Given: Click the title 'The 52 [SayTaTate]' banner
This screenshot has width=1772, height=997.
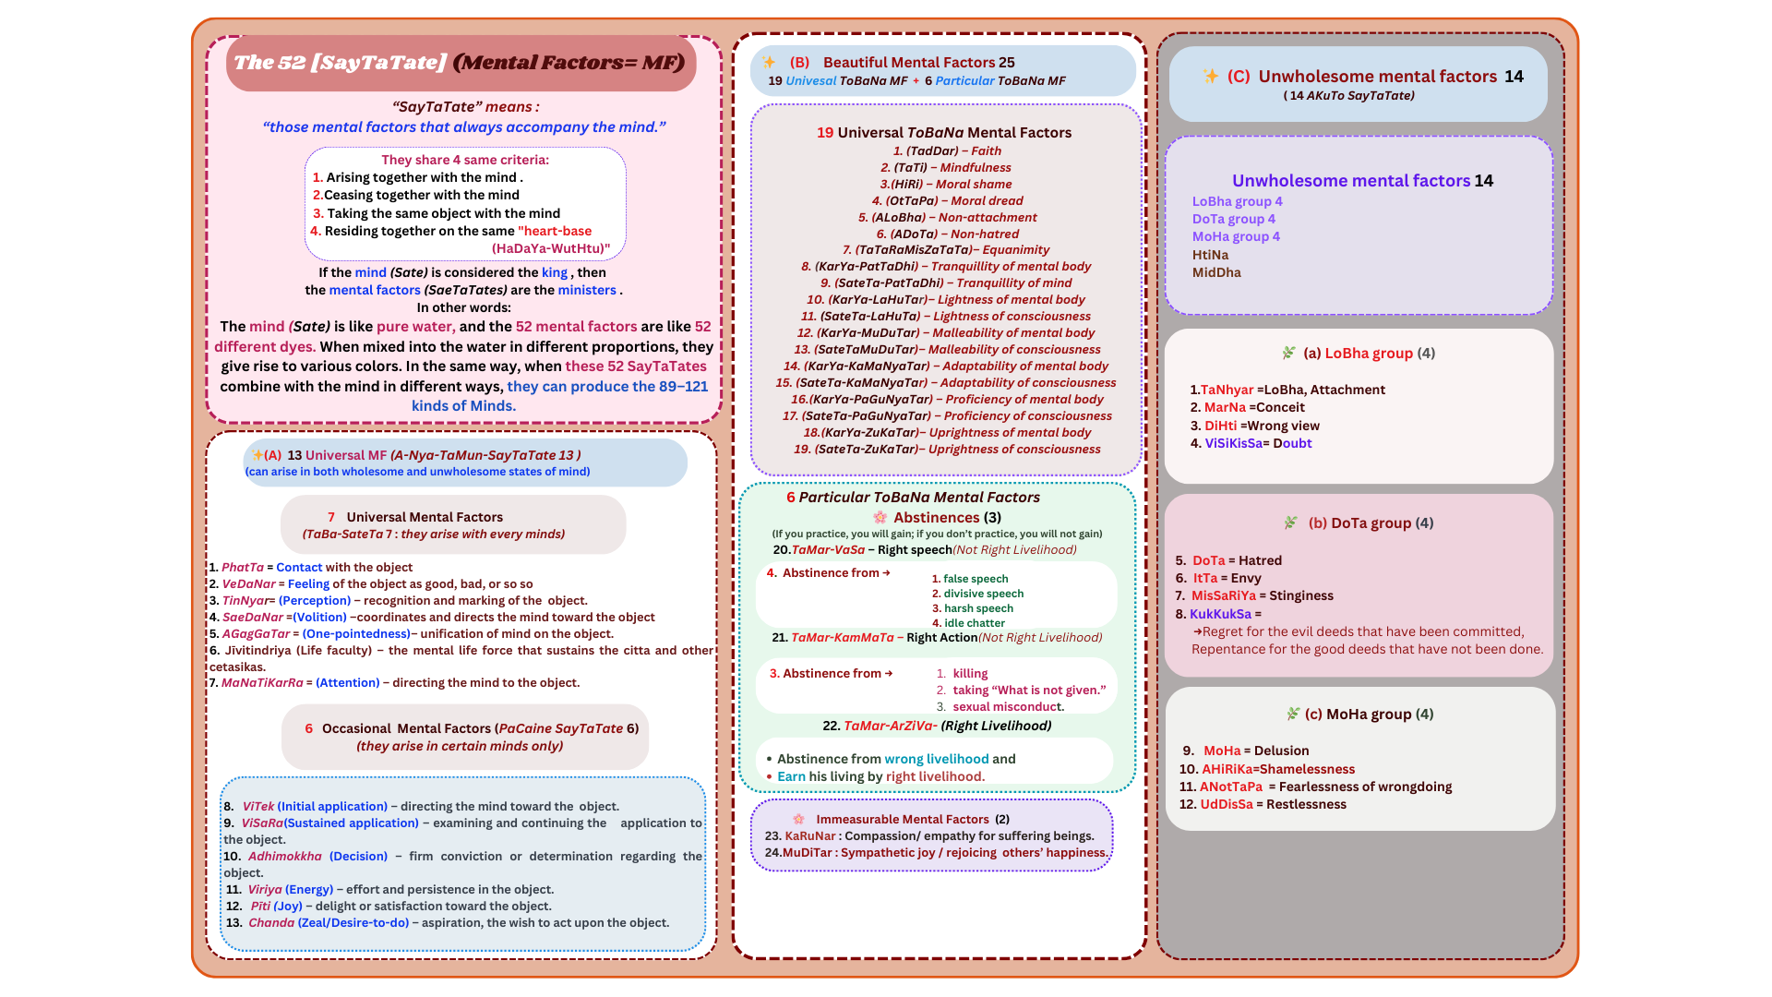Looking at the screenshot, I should pos(460,63).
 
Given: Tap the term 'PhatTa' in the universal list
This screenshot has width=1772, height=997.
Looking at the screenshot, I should pos(242,568).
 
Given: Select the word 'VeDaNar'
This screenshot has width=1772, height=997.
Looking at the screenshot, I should pos(248,584).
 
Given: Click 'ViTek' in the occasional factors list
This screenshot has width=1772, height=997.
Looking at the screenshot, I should pos(258,807).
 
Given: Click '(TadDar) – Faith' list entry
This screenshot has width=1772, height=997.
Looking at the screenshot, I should pos(947,151).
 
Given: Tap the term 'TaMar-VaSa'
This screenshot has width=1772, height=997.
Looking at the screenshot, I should pos(828,550).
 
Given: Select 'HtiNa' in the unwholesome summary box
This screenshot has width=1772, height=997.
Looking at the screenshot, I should pos(1210,256).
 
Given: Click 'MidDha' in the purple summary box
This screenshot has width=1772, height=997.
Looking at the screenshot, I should pos(1216,273).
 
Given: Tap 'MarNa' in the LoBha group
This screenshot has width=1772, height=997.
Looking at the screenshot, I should pos(1225,408).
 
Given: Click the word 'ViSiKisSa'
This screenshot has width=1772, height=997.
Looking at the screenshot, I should pos(1233,444).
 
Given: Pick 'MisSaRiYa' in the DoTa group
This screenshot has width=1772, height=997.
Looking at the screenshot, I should pos(1223,596).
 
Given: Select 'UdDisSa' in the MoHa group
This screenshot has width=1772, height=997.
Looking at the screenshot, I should pos(1226,805).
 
